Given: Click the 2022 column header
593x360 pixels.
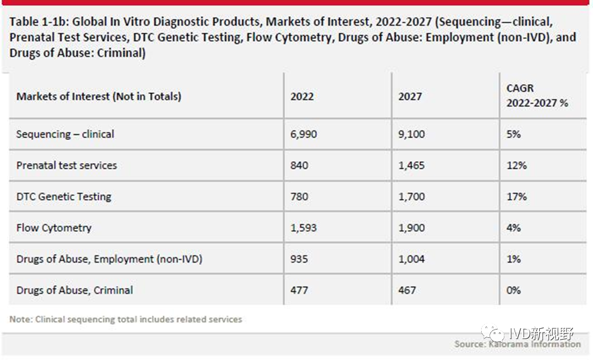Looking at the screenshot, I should click(x=302, y=96).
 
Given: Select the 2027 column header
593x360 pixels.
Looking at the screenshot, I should click(x=410, y=96).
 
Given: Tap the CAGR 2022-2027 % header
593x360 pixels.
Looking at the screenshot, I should click(x=537, y=96).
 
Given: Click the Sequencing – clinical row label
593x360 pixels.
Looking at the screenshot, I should click(x=65, y=134).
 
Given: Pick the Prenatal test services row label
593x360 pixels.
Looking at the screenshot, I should click(x=66, y=165).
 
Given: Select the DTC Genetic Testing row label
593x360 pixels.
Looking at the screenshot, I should click(x=63, y=196).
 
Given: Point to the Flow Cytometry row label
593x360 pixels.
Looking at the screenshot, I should click(x=54, y=228).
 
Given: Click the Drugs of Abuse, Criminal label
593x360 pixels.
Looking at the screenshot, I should click(x=75, y=290).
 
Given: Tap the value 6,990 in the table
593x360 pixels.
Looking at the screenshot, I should click(x=304, y=134).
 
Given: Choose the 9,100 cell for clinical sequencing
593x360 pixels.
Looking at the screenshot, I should click(x=412, y=134).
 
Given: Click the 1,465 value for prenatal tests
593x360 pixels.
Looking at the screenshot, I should click(x=412, y=165).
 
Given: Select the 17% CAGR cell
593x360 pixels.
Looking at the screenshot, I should click(x=516, y=196).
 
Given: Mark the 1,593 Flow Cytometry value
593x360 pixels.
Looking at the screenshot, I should click(x=304, y=228).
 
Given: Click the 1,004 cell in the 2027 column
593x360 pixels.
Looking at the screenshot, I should click(x=412, y=259).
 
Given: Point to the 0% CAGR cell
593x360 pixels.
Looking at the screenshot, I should click(x=513, y=290).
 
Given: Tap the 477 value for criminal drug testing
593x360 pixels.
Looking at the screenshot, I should click(x=299, y=290).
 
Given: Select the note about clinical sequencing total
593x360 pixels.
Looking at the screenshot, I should click(x=126, y=319).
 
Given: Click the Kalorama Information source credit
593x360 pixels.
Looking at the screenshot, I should click(x=518, y=344).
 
